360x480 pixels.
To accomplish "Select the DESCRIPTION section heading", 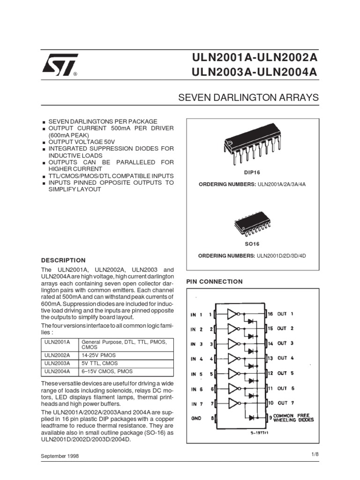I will pos(64,260).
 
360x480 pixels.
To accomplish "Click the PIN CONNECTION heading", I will pos(215,282).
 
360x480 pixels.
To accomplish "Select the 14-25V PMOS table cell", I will pos(99,355).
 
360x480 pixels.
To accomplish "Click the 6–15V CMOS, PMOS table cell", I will pos(107,371).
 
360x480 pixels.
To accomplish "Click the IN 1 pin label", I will pos(196,315).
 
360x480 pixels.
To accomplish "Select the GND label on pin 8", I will pos(196,418).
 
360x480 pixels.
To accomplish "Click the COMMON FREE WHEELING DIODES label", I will pos(293,418).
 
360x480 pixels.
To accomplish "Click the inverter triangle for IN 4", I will pos(233,359).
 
